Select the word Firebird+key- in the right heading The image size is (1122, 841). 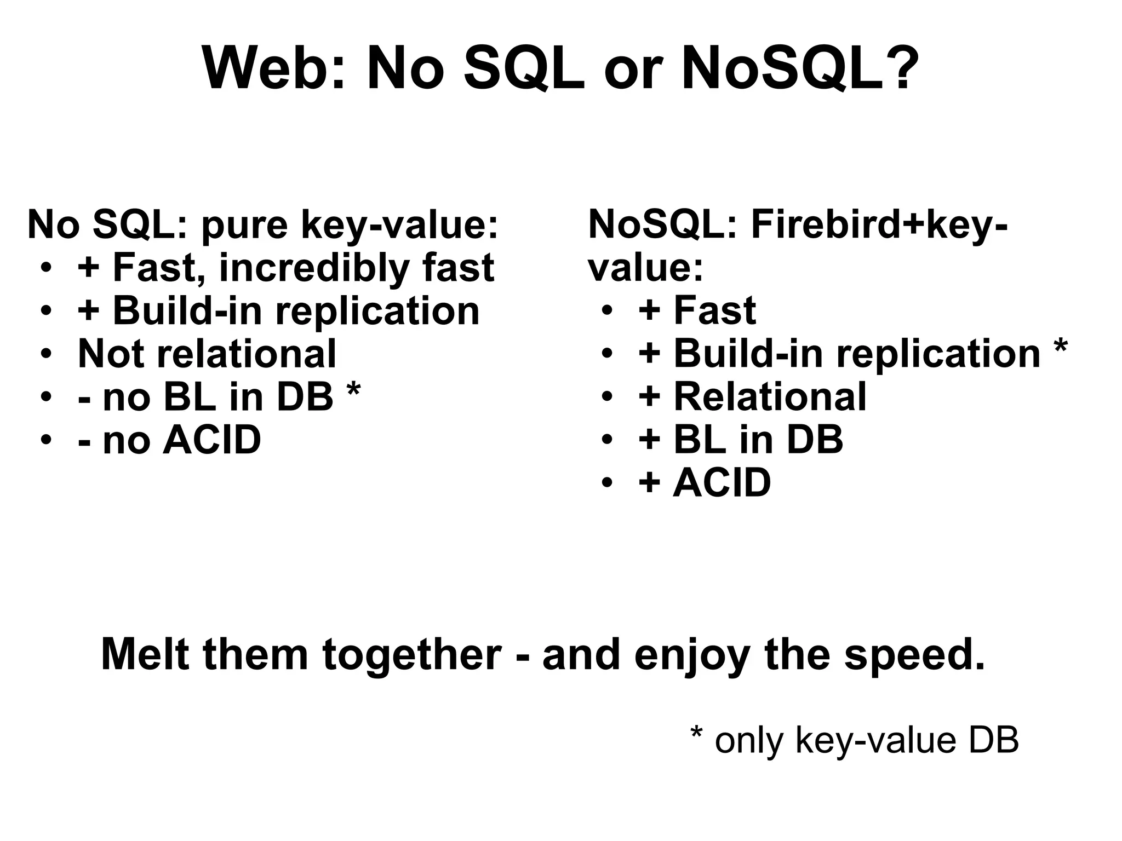tap(879, 224)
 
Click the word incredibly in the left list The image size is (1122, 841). tap(314, 268)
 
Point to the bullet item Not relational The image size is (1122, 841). tap(207, 354)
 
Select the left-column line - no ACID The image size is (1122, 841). tap(170, 440)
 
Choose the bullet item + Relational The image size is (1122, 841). tap(752, 397)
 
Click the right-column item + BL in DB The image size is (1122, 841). tap(740, 440)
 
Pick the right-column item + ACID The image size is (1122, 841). tap(705, 483)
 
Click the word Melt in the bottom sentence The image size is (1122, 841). tap(145, 655)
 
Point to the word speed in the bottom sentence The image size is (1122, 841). tap(914, 655)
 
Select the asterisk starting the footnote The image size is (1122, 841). tap(696, 734)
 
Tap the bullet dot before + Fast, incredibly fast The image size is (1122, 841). tap(47, 269)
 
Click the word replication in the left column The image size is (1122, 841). tap(377, 311)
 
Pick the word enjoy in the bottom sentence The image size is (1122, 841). tap(692, 656)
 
